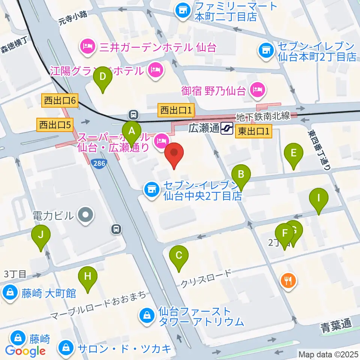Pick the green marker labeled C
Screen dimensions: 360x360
point(179,256)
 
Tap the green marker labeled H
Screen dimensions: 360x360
point(87,277)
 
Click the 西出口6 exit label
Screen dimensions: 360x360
point(60,100)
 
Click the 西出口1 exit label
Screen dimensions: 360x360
point(176,110)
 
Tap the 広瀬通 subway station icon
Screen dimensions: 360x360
point(227,128)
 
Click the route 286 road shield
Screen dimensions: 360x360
point(99,163)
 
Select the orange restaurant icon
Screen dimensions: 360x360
point(288,280)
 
